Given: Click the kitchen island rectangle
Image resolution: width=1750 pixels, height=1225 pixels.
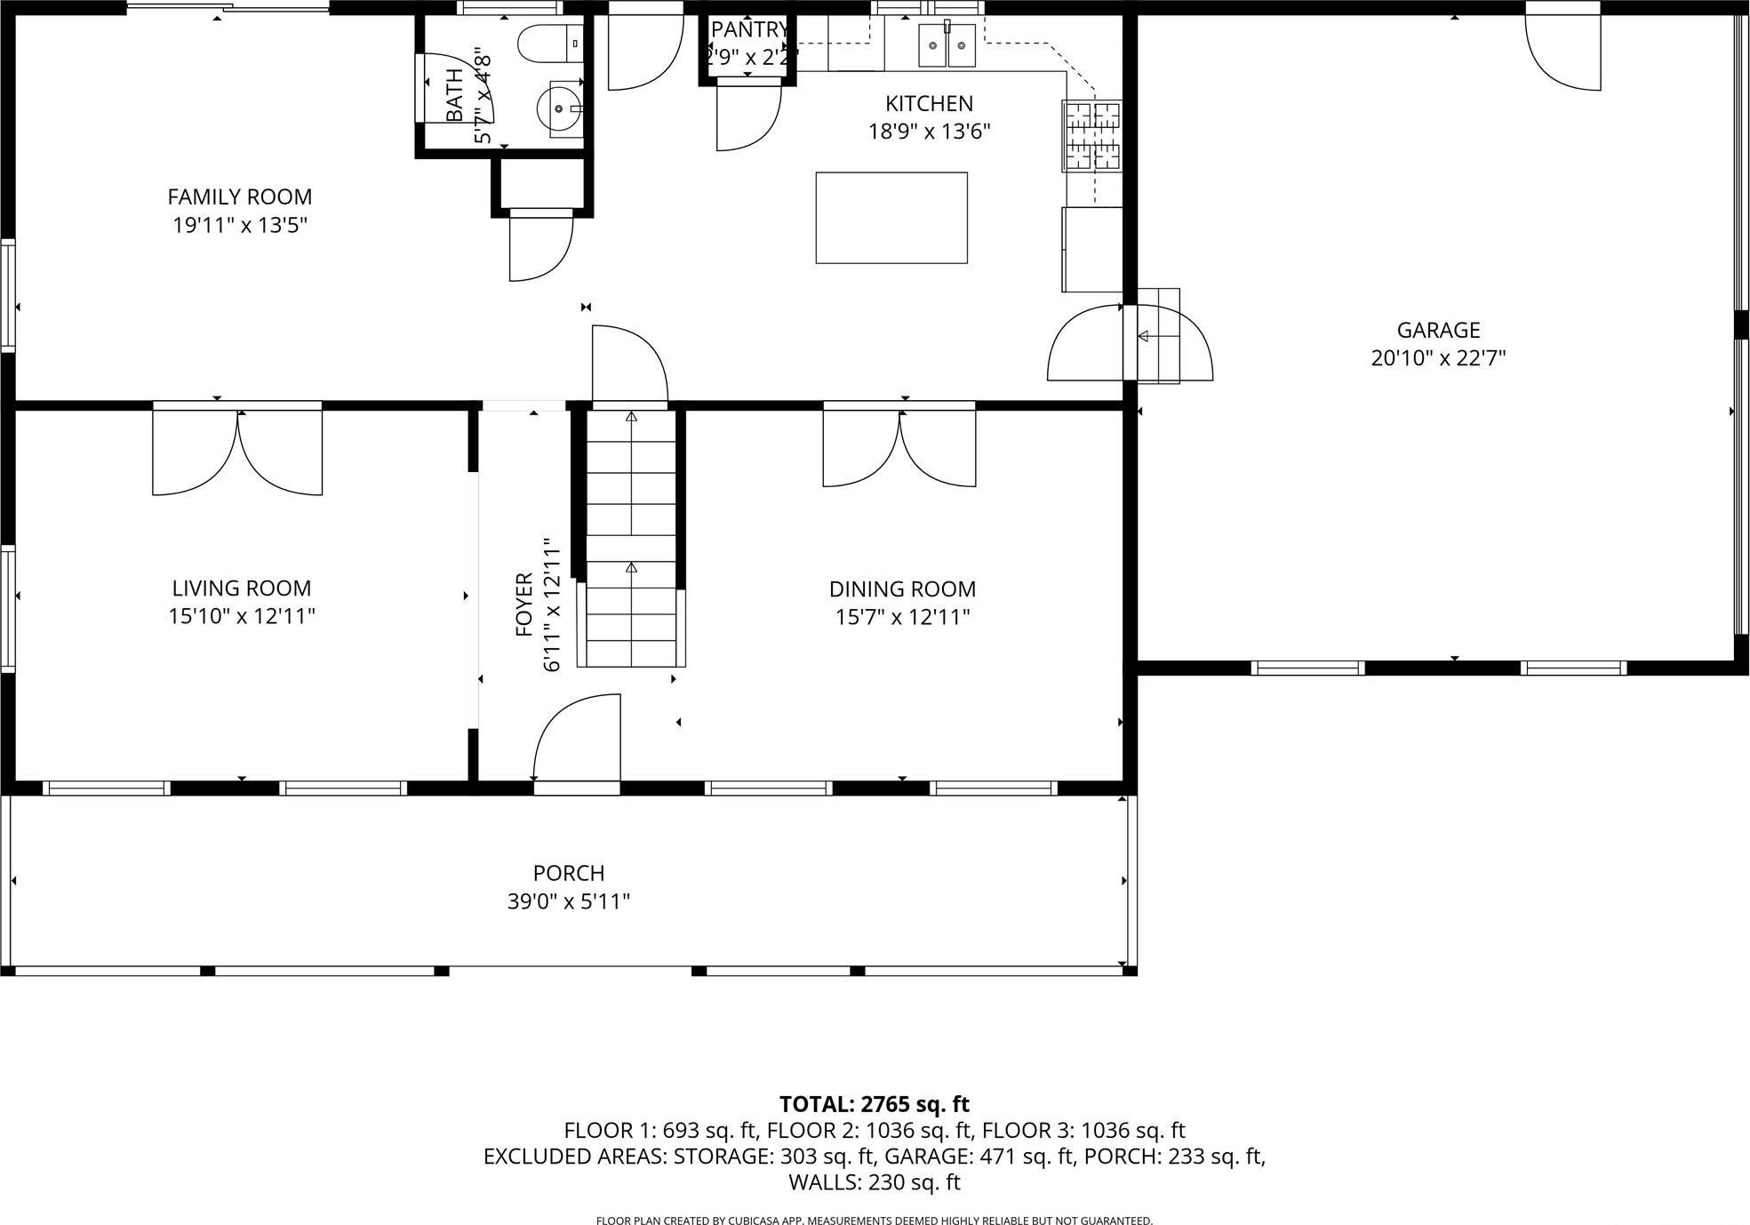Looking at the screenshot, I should (891, 218).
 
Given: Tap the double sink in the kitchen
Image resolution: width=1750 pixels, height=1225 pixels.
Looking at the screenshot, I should (947, 45).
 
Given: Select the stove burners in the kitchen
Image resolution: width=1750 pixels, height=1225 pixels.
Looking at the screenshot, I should (1093, 136).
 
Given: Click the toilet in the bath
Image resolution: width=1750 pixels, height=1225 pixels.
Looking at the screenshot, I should (547, 44).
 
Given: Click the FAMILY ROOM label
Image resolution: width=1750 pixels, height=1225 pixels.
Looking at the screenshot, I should (240, 196).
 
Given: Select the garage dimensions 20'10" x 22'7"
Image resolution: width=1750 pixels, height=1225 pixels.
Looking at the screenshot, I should (1437, 358).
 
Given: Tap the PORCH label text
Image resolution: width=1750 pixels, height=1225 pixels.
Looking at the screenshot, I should (569, 873).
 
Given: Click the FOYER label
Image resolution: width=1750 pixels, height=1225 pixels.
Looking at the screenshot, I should (523, 604).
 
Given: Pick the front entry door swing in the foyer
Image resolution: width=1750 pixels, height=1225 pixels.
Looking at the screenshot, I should (576, 737).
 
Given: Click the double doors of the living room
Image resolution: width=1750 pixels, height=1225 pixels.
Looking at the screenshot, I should (237, 449).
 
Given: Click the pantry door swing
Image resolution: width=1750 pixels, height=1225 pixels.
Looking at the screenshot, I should (747, 116).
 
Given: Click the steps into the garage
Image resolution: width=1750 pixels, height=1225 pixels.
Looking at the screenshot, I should (1158, 336).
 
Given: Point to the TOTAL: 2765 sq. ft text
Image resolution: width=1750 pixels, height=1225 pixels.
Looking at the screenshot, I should (874, 1104).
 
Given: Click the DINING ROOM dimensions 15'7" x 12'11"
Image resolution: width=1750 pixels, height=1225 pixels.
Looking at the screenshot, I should (902, 617).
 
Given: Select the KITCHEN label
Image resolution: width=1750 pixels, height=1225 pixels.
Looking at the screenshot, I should (929, 103).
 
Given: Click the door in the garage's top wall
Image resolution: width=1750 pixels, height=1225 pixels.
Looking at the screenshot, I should (1562, 49).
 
